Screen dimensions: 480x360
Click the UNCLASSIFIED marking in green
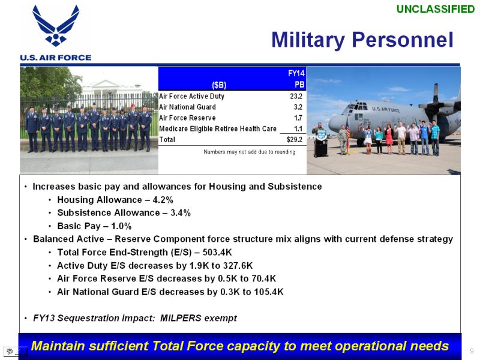click(436, 9)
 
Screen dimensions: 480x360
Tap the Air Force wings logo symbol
click(56, 26)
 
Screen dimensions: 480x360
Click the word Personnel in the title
click(402, 40)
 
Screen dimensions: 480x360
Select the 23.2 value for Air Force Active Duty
click(296, 96)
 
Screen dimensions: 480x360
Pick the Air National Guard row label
click(187, 107)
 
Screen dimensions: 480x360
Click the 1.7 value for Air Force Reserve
click(298, 118)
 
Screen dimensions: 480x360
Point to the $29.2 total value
click(295, 140)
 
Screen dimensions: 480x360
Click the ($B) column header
click(219, 85)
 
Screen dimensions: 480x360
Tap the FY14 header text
click(296, 73)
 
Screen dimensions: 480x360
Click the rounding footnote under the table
click(250, 152)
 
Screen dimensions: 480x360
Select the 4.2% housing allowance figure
click(163, 200)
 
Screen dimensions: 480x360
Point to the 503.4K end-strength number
click(217, 252)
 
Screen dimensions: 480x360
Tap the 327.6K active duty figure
click(238, 265)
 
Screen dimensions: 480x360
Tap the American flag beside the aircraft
click(348, 128)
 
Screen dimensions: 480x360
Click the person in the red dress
click(389, 139)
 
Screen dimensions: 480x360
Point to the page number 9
click(472, 351)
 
